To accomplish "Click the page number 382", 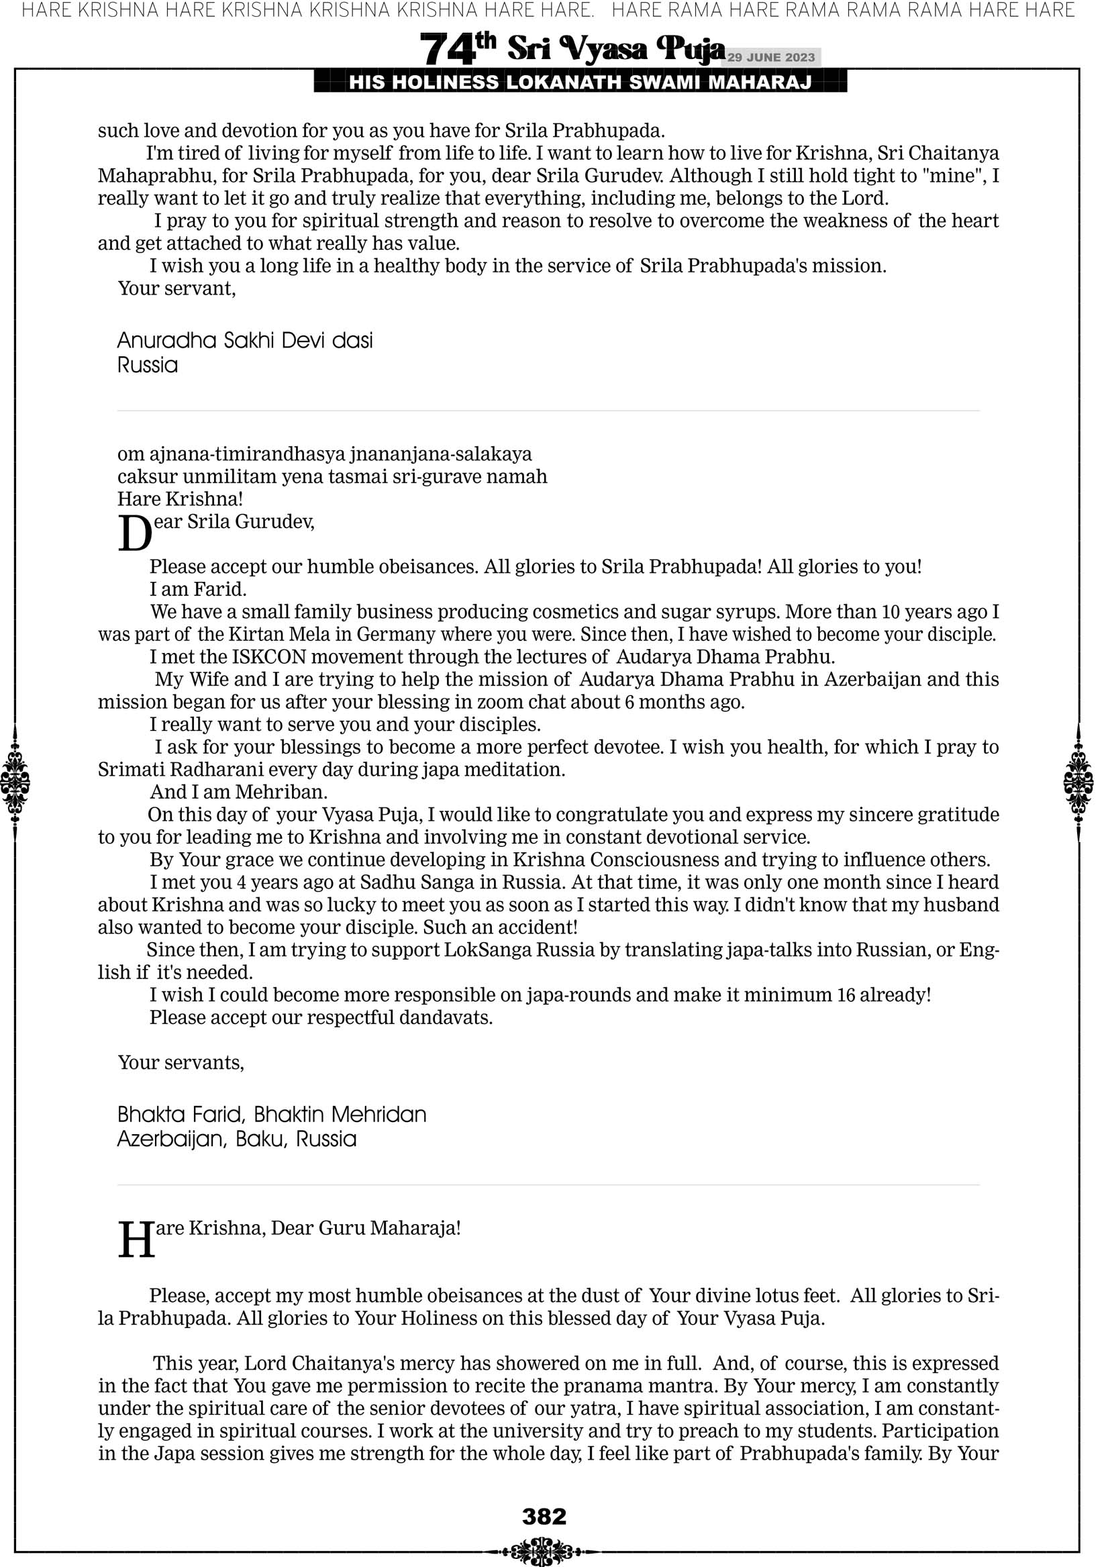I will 544,1516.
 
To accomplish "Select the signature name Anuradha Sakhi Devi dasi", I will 245,340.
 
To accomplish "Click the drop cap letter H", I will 136,1240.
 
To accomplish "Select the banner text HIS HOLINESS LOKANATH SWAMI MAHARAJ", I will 581,83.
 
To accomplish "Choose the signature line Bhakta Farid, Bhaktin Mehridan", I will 272,1115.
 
